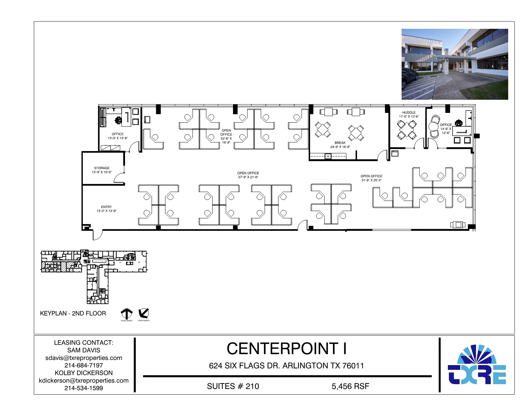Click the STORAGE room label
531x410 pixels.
pos(102,168)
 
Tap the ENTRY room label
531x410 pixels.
pos(106,207)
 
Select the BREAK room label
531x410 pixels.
pos(340,143)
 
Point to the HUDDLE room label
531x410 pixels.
pos(409,113)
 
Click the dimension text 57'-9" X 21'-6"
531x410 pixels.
pos(248,177)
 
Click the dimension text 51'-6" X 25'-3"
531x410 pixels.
pos(371,180)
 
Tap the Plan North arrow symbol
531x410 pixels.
pos(126,314)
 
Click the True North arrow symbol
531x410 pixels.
pos(143,313)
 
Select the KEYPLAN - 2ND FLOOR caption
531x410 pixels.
pos(73,313)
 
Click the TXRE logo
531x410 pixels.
pos(477,365)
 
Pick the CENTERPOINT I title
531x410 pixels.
pos(287,349)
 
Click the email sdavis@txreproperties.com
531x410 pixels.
pos(84,358)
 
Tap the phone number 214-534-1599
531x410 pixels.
pos(84,388)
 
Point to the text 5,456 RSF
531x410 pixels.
pos(350,386)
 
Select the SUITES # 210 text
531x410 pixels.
pos(233,386)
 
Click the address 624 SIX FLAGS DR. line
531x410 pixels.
pos(286,365)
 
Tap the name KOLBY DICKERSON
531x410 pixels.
pos(84,373)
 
